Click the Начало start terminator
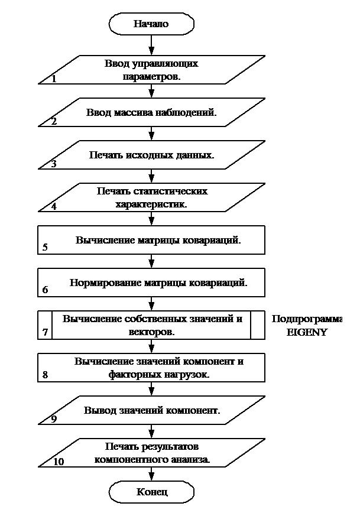(151, 24)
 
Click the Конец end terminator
(152, 492)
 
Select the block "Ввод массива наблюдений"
(151, 112)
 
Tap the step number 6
(46, 290)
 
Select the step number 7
(46, 332)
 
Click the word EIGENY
(307, 332)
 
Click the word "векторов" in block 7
(152, 332)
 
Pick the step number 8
(46, 375)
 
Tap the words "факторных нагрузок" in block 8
(152, 375)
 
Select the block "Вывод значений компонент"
(151, 411)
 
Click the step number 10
(59, 462)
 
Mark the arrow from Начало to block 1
(152, 44)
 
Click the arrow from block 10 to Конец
(152, 473)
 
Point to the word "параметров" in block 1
(151, 77)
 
